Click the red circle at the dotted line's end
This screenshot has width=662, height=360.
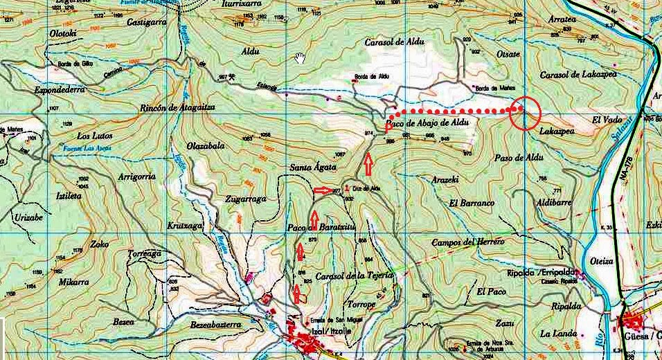click(524, 114)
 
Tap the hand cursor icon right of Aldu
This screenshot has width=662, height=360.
click(300, 57)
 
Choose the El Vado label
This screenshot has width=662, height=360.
click(606, 120)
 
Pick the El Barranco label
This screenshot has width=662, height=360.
click(472, 204)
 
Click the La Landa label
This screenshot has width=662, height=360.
click(559, 334)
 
